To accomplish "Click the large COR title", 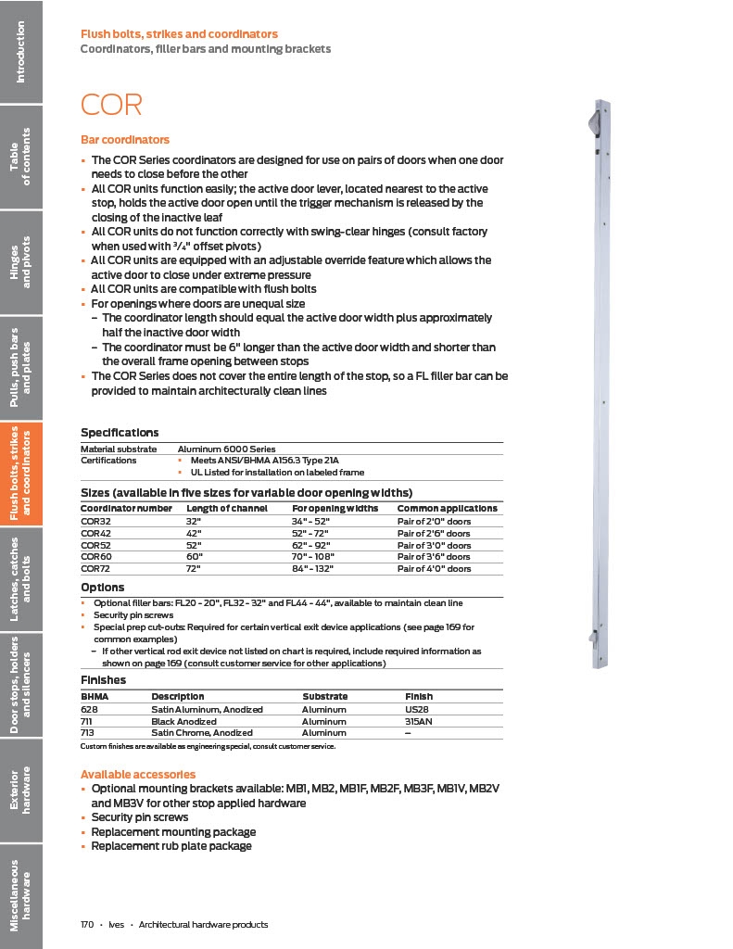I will coord(111,104).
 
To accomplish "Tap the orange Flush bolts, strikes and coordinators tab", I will coord(21,474).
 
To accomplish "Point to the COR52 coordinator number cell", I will coord(95,545).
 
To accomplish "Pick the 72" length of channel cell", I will coord(193,568).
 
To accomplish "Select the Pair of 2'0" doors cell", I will coord(433,521).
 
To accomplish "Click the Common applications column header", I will coord(447,508).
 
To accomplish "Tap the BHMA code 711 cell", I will coord(87,721).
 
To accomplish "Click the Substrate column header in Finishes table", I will coord(324,696).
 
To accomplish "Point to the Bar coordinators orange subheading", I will coord(125,140).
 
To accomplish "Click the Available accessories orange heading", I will coord(137,774).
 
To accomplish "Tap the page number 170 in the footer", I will coord(88,925).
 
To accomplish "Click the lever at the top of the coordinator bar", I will coord(593,120).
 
